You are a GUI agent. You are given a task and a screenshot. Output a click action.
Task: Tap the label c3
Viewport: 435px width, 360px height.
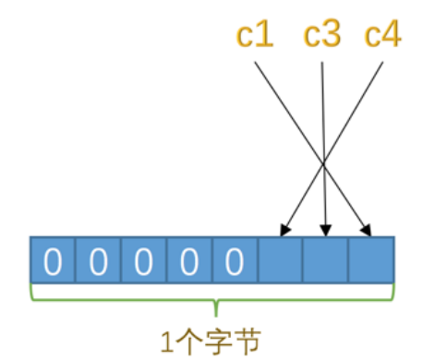click(x=322, y=37)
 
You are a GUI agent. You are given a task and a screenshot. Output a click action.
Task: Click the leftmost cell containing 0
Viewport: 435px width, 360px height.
click(x=52, y=261)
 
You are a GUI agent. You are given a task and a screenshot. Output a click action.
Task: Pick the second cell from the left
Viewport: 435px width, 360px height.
click(x=97, y=261)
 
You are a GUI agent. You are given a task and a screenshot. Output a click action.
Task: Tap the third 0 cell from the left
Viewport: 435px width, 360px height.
click(x=142, y=261)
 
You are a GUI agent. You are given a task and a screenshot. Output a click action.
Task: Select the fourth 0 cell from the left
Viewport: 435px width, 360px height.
click(x=187, y=261)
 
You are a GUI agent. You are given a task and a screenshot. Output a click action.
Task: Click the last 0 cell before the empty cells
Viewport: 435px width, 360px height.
click(x=234, y=261)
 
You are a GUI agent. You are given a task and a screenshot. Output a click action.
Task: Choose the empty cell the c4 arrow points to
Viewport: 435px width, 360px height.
click(x=280, y=261)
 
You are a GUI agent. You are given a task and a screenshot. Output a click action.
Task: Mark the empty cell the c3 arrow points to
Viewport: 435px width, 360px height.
click(x=325, y=261)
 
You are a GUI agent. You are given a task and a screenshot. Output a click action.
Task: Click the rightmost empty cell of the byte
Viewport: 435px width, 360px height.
click(x=371, y=261)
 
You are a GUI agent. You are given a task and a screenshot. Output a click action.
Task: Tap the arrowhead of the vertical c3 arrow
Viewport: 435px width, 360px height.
click(x=324, y=230)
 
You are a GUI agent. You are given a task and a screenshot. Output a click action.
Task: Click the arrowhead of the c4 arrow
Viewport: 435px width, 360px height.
click(x=283, y=230)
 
